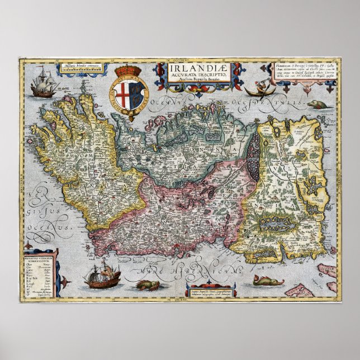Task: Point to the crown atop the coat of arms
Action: [130, 71]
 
